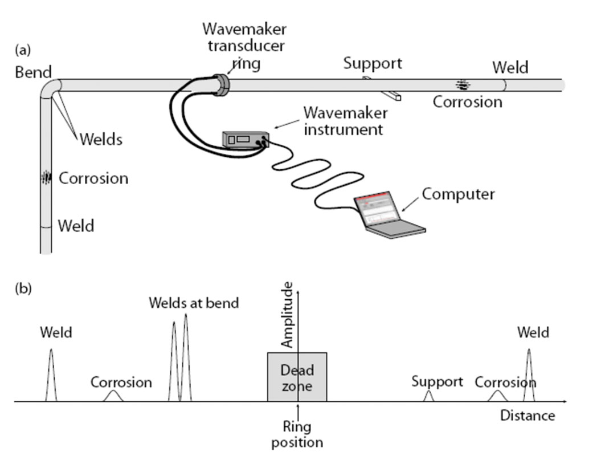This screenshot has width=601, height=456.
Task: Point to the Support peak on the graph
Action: tap(429, 396)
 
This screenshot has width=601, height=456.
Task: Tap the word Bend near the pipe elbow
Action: tap(34, 72)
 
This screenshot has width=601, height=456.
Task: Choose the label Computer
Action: tap(458, 194)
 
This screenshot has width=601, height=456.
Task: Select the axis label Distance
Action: tap(527, 416)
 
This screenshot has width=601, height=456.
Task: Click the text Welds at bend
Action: tap(193, 303)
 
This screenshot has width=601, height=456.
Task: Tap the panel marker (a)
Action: tap(23, 50)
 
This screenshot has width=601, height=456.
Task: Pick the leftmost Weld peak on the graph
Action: tap(51, 376)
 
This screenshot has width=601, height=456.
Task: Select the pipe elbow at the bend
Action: tap(50, 88)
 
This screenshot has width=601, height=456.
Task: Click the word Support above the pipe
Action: tap(373, 63)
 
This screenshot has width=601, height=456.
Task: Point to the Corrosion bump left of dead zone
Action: tap(113, 396)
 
